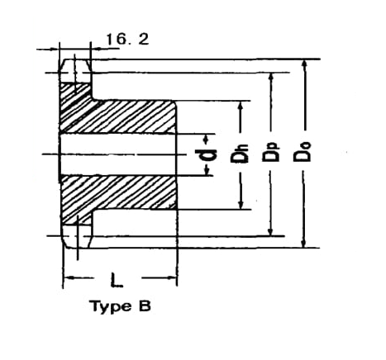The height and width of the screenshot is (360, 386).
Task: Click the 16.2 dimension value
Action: click(127, 39)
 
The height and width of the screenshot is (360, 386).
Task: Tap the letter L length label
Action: click(117, 280)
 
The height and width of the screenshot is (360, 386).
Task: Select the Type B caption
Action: click(121, 307)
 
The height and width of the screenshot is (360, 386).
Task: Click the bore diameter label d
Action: click(206, 154)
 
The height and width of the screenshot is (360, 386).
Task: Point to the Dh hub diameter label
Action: click(239, 154)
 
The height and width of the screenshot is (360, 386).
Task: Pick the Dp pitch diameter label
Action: click(270, 153)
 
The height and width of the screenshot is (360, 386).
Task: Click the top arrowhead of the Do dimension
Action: click(304, 64)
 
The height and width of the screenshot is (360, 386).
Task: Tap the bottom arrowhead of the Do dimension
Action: click(303, 243)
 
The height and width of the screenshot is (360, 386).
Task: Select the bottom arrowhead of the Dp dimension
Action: click(270, 230)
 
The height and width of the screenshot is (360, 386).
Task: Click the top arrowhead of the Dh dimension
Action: click(241, 107)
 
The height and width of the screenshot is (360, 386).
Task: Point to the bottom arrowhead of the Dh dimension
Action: click(241, 204)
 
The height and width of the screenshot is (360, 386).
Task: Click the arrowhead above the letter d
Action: click(206, 140)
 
